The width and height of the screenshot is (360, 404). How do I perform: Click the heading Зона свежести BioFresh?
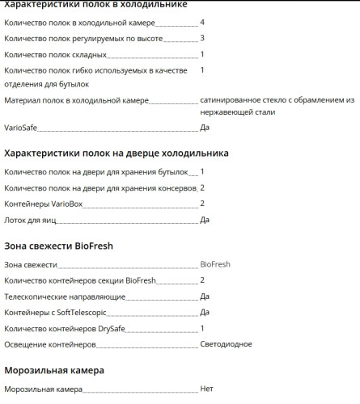pos(58,246)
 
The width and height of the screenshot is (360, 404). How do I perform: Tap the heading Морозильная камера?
pos(54,371)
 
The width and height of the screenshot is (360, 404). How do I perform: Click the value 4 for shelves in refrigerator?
pos(202,22)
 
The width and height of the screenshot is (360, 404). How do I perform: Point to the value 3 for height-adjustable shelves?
pos(202,38)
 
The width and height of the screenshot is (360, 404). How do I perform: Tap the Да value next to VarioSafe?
pos(205,128)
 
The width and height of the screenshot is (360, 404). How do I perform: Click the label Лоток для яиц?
pos(32,220)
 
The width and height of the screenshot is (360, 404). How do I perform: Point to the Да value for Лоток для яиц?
pos(205,220)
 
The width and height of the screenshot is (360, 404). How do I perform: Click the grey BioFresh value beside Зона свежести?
pos(215,264)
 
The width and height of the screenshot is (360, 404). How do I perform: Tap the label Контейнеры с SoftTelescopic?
pos(55,312)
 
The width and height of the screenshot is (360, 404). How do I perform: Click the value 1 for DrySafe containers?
pos(202,328)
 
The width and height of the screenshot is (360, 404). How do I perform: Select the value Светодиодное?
pos(226,344)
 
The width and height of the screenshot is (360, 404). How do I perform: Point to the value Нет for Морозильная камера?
pos(206,389)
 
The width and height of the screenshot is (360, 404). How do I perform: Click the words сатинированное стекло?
pos(239,100)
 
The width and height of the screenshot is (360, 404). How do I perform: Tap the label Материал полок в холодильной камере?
pos(76,100)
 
